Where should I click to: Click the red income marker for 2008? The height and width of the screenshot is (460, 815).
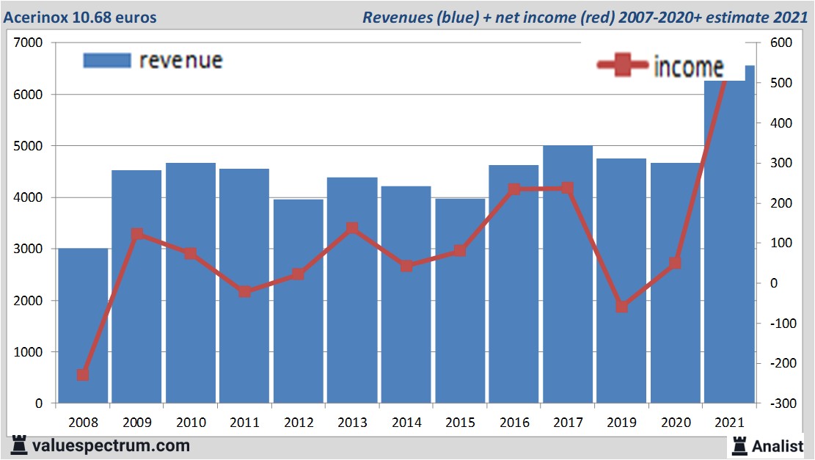tap(83, 375)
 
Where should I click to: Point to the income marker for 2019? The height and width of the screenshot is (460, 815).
tap(621, 307)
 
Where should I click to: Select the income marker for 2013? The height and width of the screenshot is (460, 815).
tap(352, 228)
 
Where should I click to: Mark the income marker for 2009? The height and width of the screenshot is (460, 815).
tap(136, 235)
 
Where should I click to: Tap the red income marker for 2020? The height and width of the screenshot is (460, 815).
tap(675, 263)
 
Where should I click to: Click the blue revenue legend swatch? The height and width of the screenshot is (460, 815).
tap(106, 60)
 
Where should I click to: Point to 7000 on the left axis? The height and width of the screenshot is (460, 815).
tap(28, 43)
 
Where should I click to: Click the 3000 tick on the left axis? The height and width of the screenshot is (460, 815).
tap(28, 249)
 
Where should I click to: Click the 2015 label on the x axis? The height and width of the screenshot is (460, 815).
tap(460, 423)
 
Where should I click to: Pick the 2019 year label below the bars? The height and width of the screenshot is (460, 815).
tap(621, 423)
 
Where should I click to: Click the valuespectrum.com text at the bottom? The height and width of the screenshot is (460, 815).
tap(111, 445)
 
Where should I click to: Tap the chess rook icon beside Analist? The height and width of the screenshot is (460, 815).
tap(739, 445)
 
